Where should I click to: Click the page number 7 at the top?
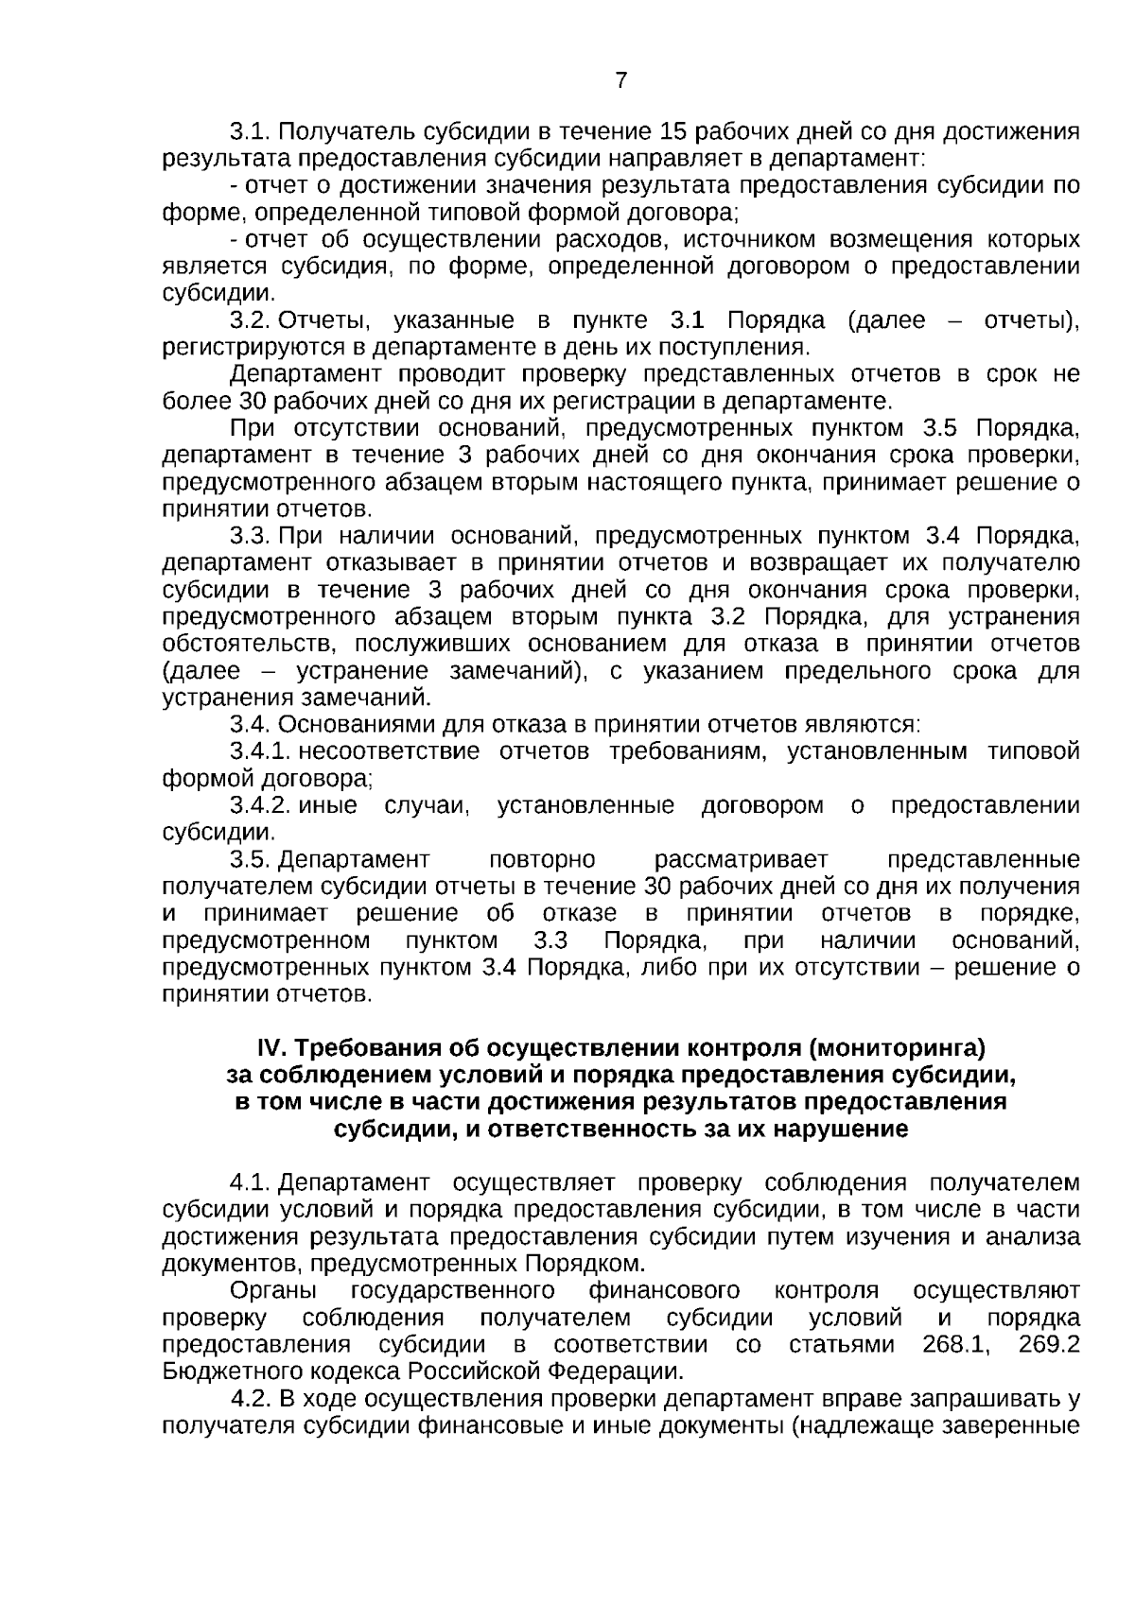[620, 81]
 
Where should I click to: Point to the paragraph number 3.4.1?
[259, 752]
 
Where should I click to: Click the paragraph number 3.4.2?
[259, 806]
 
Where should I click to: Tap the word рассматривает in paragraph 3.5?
[741, 860]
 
